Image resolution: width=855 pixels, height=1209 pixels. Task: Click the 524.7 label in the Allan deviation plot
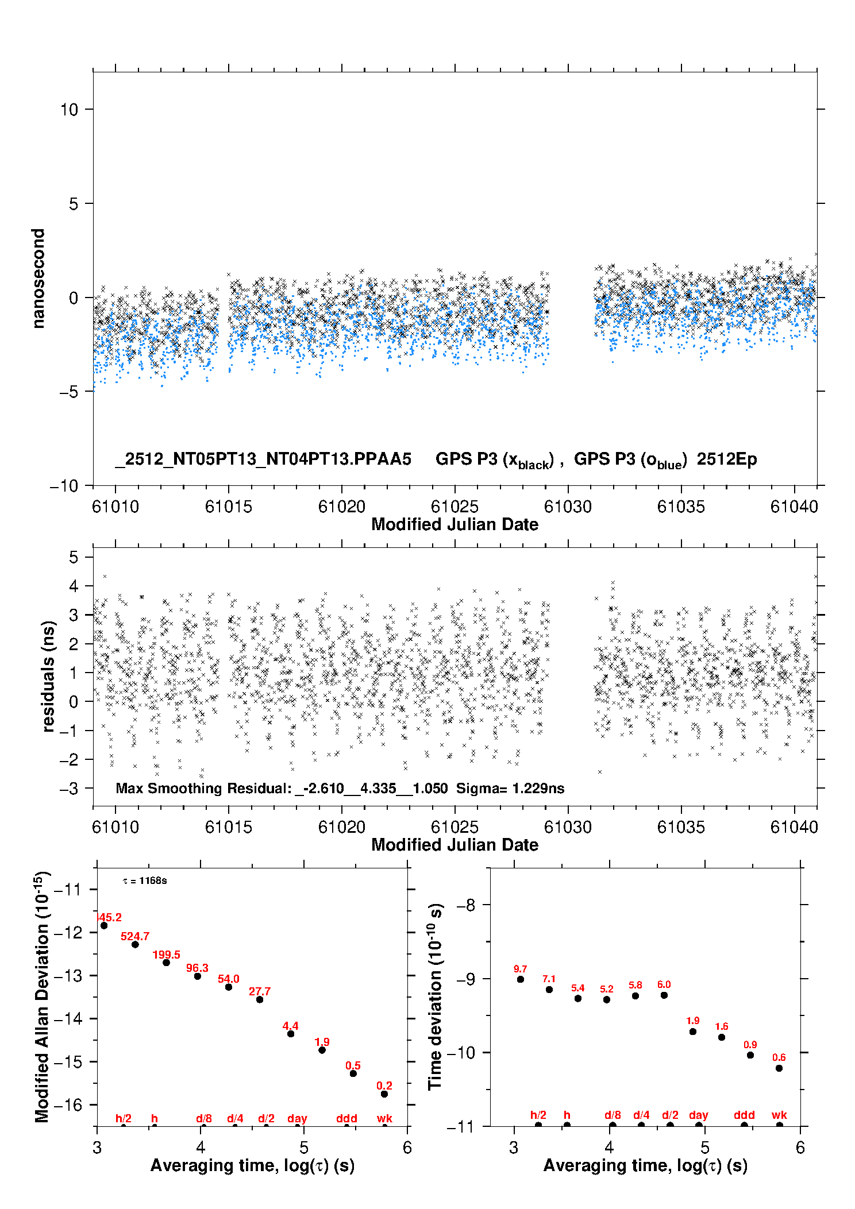point(135,937)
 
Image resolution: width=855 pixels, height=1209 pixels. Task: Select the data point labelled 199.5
point(167,963)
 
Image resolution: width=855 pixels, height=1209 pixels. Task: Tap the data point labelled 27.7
point(260,1000)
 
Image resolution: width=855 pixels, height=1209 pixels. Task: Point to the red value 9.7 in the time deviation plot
point(521,969)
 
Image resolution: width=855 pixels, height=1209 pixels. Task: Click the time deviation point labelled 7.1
point(549,990)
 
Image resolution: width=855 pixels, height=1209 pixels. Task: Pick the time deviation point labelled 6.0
point(664,995)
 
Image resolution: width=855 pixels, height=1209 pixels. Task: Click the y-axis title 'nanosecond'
point(38,279)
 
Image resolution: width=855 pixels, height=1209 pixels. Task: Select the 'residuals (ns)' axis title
point(48,677)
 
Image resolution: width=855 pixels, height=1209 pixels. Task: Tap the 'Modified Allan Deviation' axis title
point(42,996)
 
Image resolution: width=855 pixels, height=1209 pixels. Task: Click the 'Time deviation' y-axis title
point(436,996)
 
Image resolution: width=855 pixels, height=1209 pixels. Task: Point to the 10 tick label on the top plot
point(69,110)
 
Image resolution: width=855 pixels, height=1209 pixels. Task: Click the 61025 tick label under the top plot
point(455,507)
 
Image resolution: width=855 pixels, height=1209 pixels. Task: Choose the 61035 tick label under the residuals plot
point(681,828)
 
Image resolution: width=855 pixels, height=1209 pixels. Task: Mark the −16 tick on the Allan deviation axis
point(67,1105)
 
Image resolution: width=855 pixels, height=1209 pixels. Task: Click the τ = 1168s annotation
point(145,881)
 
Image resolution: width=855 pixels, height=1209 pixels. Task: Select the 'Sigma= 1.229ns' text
point(510,789)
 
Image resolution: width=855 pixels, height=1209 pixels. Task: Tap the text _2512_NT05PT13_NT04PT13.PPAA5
point(263,459)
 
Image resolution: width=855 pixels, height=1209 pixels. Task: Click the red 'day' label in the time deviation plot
point(699,1115)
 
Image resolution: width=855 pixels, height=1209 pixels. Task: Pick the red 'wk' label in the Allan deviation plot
point(384,1119)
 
